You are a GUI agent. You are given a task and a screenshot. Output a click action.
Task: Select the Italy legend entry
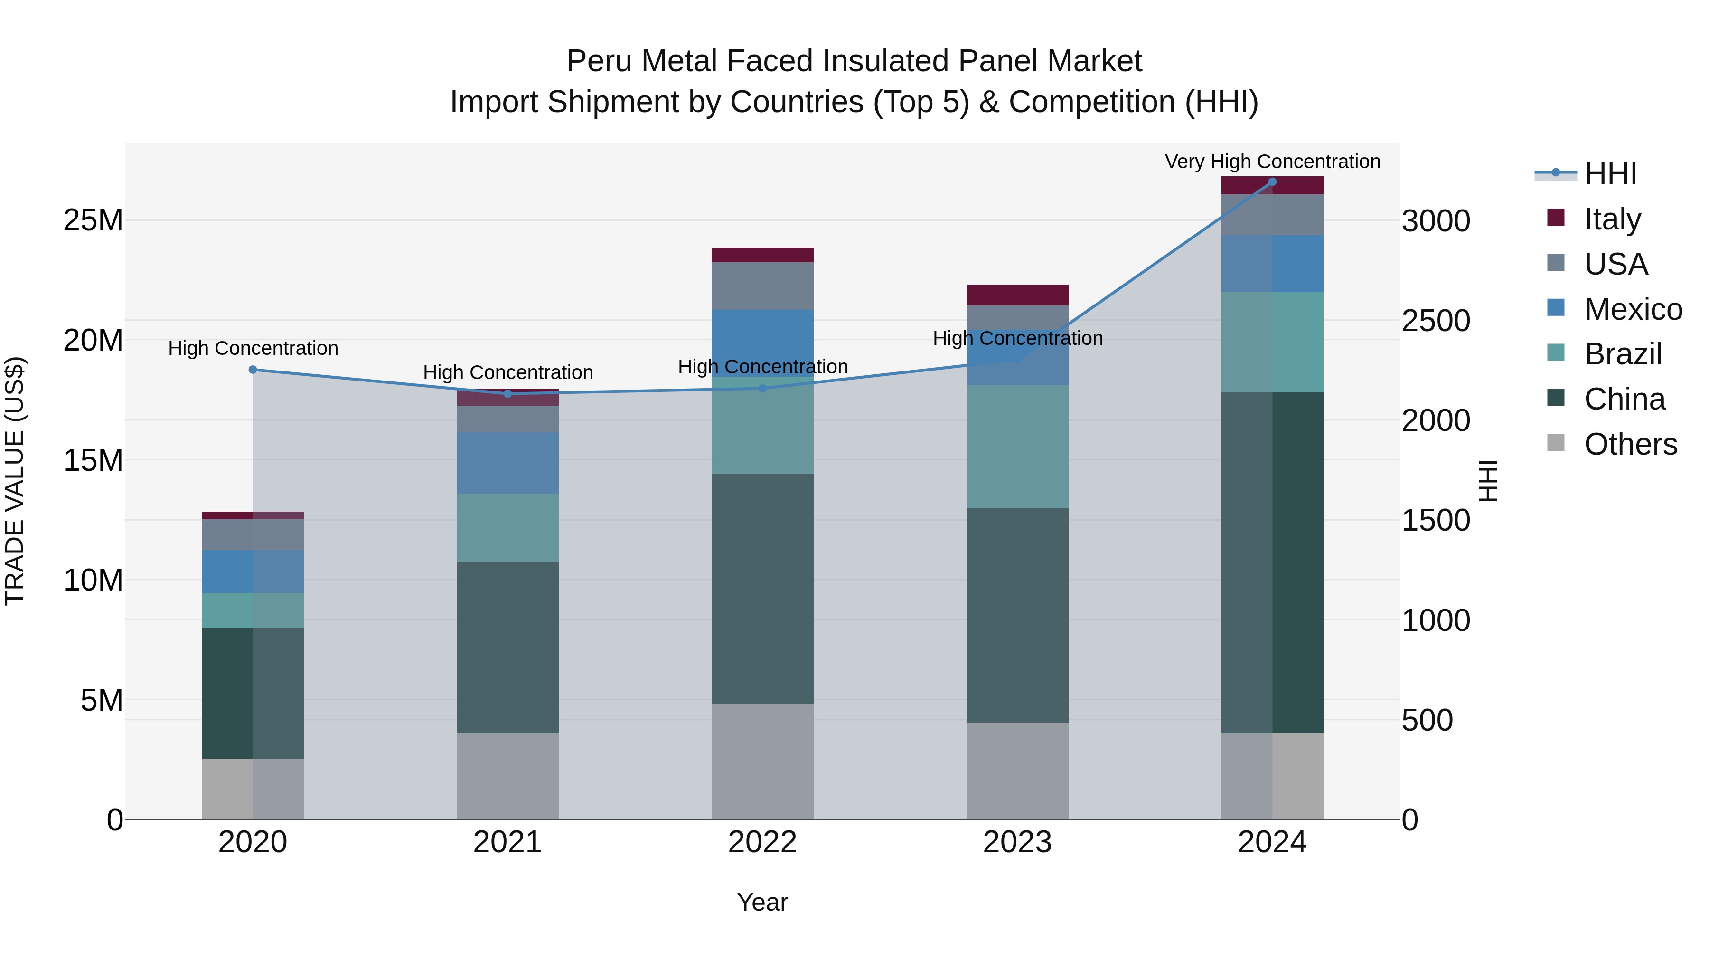pyautogui.click(x=1612, y=219)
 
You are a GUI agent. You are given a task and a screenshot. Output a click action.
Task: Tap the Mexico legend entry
pyautogui.click(x=1633, y=309)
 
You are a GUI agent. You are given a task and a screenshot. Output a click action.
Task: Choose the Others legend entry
pyautogui.click(x=1630, y=444)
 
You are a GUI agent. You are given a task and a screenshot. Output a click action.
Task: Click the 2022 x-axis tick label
pyautogui.click(x=762, y=842)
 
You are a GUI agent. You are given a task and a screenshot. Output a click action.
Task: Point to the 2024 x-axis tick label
pyautogui.click(x=1272, y=842)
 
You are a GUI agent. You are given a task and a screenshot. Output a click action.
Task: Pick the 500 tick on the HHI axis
pyautogui.click(x=1427, y=720)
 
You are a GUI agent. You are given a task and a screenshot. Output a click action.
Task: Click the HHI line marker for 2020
pyautogui.click(x=253, y=370)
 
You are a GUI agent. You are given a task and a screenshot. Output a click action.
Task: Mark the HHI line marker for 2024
pyautogui.click(x=1272, y=182)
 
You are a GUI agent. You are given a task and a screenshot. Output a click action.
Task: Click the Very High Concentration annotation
pyautogui.click(x=1272, y=162)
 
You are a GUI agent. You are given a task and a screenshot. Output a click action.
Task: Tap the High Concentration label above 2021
pyautogui.click(x=507, y=372)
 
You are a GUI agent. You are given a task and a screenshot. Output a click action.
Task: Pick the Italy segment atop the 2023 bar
pyautogui.click(x=1017, y=295)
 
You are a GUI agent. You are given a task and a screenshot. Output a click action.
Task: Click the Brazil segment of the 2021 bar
pyautogui.click(x=507, y=527)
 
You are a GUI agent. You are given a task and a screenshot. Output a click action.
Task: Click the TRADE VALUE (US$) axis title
pyautogui.click(x=15, y=481)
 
